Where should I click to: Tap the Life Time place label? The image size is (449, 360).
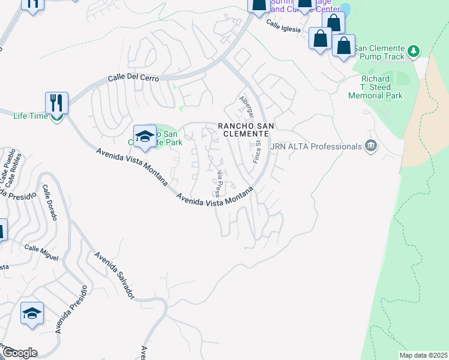point(30,116)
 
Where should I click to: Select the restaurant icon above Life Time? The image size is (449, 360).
point(56,103)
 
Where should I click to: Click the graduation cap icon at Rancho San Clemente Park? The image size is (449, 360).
point(144,136)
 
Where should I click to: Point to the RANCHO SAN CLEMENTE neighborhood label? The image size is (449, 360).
point(245,130)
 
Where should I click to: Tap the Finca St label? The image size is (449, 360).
point(256,151)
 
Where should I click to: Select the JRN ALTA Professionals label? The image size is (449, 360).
point(316,146)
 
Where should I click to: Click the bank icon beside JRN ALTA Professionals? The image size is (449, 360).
point(371,146)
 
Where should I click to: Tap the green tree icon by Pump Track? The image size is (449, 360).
point(413,52)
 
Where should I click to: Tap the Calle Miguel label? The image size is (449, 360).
point(41,253)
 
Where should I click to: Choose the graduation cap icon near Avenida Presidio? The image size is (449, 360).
point(32,314)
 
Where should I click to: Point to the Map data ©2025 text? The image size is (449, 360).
point(423,355)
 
